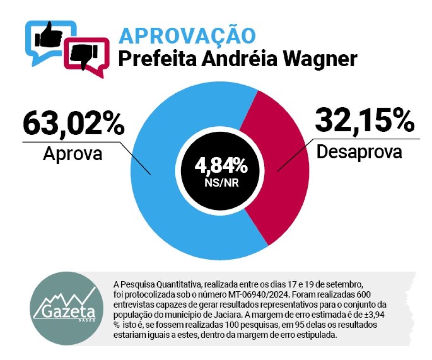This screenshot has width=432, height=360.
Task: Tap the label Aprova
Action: point(72,154)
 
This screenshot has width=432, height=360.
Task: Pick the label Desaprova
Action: point(359,152)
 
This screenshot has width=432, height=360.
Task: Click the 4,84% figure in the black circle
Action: point(221,167)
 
